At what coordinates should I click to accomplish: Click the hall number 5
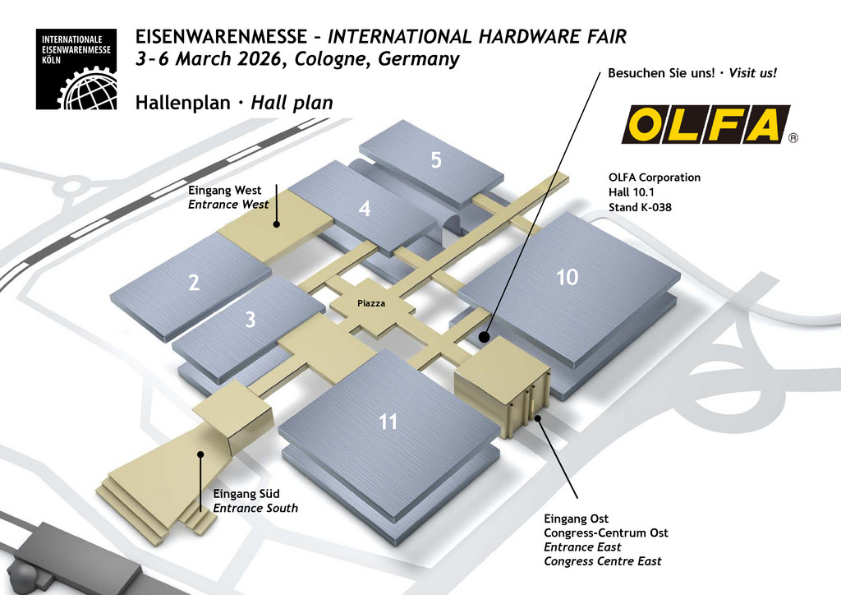(436, 160)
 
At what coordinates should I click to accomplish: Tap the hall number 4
(365, 210)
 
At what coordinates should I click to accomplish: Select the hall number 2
(194, 284)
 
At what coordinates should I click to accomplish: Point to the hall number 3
(250, 321)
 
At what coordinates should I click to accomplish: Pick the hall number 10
(568, 278)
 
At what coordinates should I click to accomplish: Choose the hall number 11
(388, 422)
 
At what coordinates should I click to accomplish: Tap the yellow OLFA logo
(705, 125)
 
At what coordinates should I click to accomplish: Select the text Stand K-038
(640, 208)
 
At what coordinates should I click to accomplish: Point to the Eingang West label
(225, 191)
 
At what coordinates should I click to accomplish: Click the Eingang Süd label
(246, 494)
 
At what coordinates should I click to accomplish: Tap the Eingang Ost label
(577, 519)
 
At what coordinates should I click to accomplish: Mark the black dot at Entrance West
(277, 223)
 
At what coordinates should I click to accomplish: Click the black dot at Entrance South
(200, 454)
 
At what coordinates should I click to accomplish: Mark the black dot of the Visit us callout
(485, 337)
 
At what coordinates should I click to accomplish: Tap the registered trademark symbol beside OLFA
(793, 138)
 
